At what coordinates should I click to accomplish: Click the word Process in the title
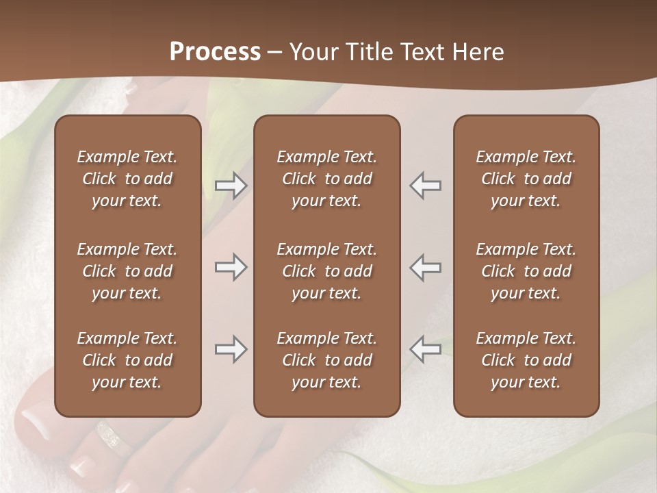point(215,52)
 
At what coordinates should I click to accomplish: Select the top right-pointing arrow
point(231,186)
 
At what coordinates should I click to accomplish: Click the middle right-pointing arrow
point(231,267)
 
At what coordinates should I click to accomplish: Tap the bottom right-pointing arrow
point(231,349)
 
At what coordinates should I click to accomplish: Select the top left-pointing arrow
point(426,186)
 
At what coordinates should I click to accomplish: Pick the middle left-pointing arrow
point(426,267)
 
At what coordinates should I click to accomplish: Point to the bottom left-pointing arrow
point(426,349)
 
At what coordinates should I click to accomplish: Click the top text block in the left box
point(127,179)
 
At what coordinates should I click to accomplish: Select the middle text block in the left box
point(127,271)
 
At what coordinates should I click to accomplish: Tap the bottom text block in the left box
point(127,360)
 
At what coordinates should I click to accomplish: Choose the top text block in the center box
point(326,179)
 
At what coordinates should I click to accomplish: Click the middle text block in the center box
point(326,271)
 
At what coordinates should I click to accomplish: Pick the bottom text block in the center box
point(326,360)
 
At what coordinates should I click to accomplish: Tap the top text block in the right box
point(526,179)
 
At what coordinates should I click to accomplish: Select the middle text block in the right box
point(526,271)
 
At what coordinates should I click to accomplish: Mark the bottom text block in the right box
point(526,360)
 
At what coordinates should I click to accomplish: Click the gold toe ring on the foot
point(113,438)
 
